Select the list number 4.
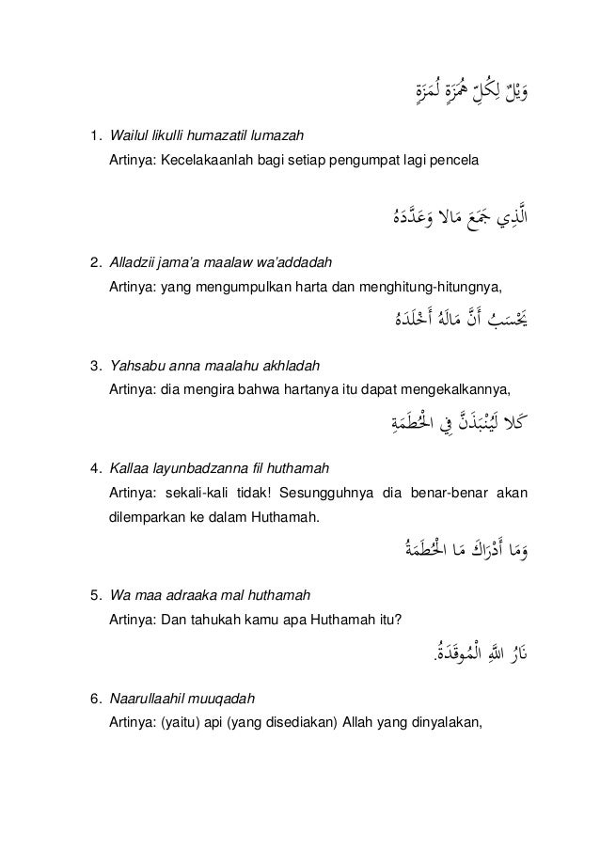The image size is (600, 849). coord(93,467)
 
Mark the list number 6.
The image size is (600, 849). coord(93,700)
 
